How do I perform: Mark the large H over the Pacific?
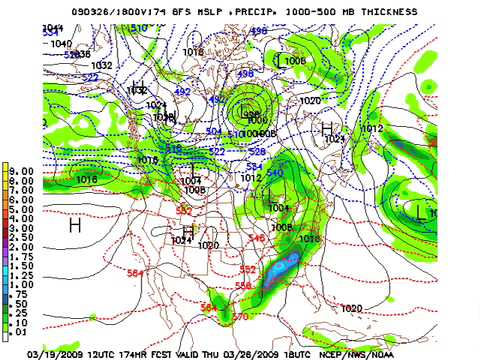click(x=74, y=226)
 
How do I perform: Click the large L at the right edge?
click(x=421, y=211)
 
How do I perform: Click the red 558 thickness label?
click(x=243, y=286)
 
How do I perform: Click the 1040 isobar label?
click(x=61, y=44)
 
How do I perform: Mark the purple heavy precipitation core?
click(x=290, y=262)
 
